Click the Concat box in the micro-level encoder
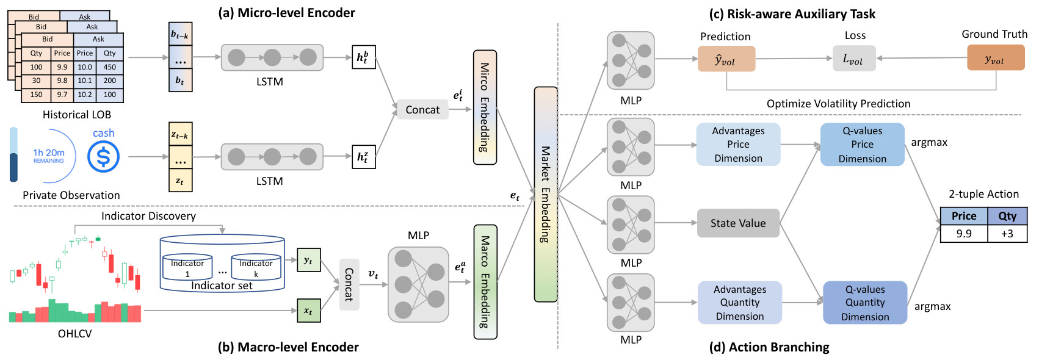coord(422,109)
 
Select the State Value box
coord(738,223)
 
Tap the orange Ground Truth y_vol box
coord(996,58)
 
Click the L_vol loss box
coord(854,59)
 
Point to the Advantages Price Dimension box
coord(738,144)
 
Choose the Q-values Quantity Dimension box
coord(865,303)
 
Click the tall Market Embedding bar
coord(546,195)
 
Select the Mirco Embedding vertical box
coord(485,107)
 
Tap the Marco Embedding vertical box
coord(485,282)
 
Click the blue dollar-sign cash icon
coord(103,156)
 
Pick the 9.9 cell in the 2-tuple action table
coord(964,233)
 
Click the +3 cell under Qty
coord(1007,233)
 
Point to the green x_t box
coord(308,311)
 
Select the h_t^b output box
coord(364,57)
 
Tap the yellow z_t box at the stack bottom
coord(181,181)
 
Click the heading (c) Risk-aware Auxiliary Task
coord(792,14)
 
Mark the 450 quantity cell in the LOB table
coord(110,67)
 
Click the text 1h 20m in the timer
coord(49,153)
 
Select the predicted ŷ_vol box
coord(726,59)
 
